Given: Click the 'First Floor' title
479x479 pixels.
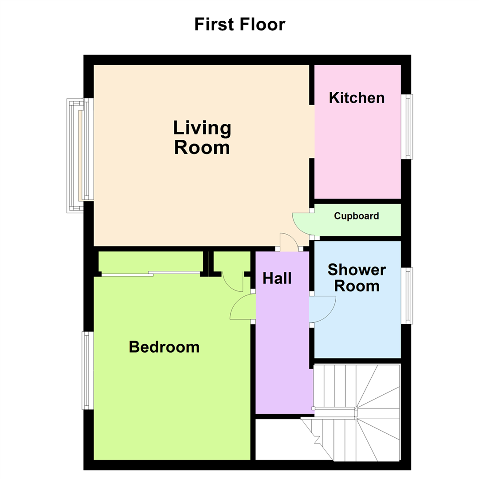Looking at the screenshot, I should [239, 24].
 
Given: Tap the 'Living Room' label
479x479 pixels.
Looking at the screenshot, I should [202, 137].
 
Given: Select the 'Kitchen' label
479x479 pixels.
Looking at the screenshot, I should [357, 98].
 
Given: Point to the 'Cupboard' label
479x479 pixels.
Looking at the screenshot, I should [357, 216].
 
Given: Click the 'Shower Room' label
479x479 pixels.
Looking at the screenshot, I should [357, 278].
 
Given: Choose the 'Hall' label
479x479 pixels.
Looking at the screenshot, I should [277, 279].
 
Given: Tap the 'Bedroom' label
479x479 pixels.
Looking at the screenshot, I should [164, 347].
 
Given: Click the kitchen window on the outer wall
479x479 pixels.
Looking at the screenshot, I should [407, 126].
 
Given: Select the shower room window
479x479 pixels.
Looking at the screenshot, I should [407, 295].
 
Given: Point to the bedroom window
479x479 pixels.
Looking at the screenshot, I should [87, 370].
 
